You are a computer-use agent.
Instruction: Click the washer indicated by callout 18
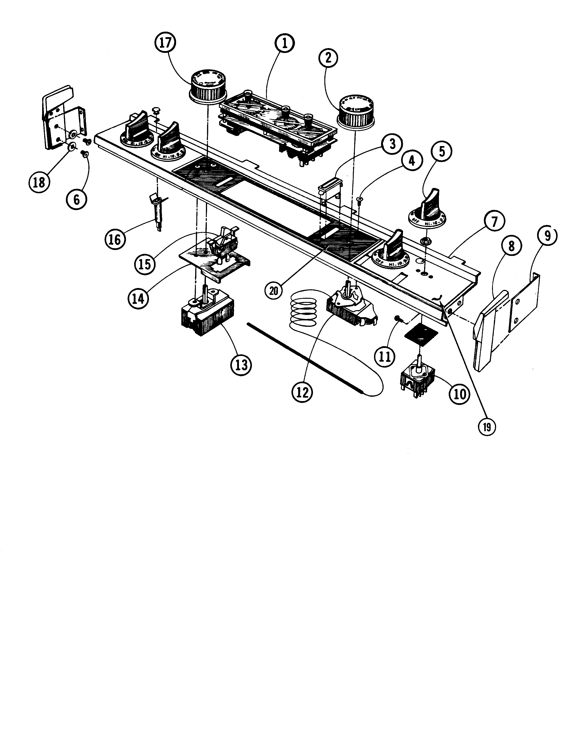pyautogui.click(x=72, y=147)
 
